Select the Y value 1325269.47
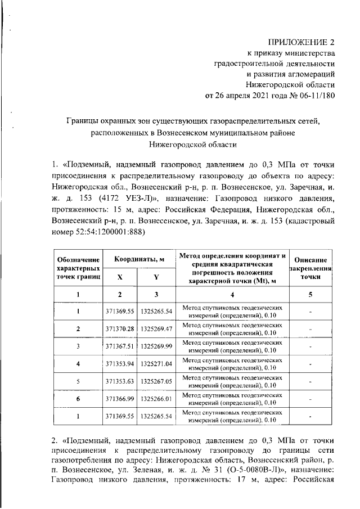point(156,328)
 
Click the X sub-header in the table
point(120,277)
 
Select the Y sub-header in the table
point(156,277)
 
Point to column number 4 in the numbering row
point(232,295)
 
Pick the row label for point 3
point(79,346)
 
